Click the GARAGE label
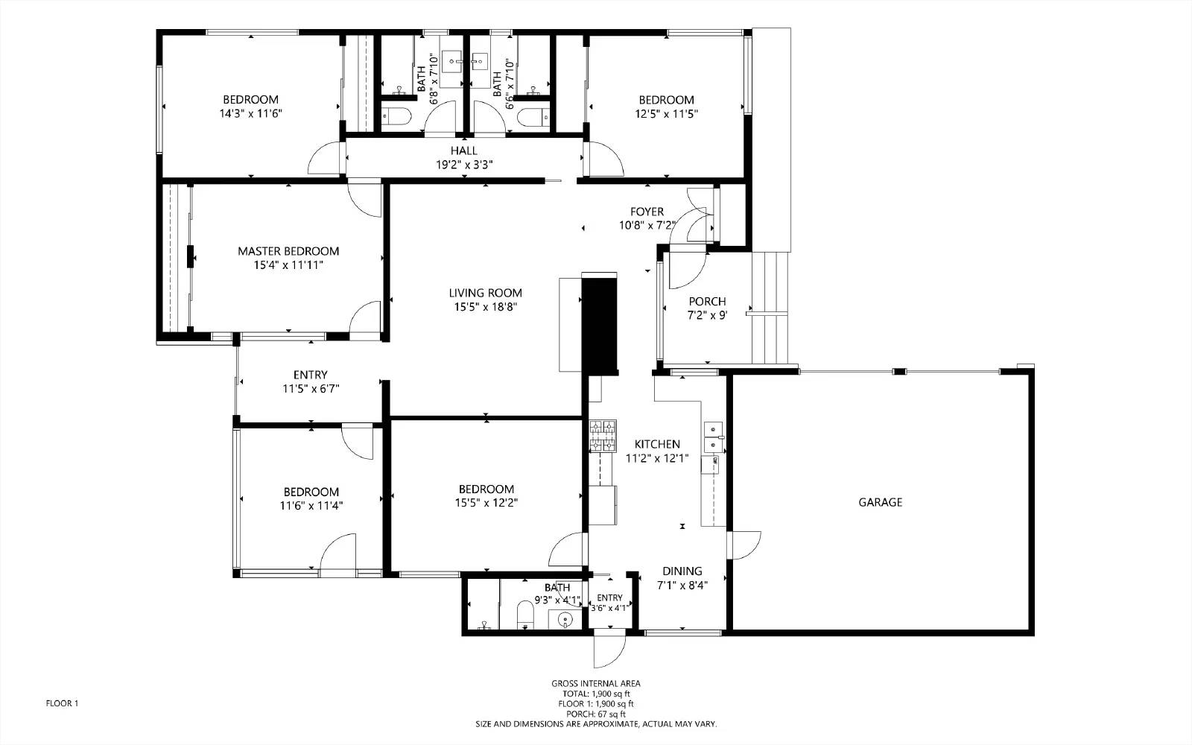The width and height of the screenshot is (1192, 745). [x=880, y=502]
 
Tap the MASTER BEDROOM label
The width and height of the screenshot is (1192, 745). [x=288, y=251]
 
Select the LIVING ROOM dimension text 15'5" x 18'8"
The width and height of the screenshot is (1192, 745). [x=485, y=306]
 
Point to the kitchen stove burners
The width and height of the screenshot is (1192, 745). [x=603, y=436]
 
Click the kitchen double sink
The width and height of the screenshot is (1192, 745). [x=713, y=437]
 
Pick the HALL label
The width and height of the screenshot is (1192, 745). [x=463, y=150]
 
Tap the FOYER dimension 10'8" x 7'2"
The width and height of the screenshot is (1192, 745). [x=647, y=225]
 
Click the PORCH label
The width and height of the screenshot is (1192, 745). [x=707, y=301]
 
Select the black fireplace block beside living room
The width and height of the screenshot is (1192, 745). [x=599, y=325]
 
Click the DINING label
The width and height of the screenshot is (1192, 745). [x=682, y=571]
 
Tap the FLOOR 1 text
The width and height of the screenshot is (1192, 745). [x=62, y=703]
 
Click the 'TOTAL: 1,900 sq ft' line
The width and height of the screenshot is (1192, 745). [x=596, y=694]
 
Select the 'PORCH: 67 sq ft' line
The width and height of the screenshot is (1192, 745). [x=596, y=714]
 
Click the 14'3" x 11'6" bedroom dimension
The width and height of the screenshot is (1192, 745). [x=250, y=113]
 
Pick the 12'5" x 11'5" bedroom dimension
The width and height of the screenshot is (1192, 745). [x=666, y=113]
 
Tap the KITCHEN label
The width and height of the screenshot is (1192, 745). [x=657, y=444]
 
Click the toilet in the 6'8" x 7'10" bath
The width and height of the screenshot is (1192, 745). [x=397, y=115]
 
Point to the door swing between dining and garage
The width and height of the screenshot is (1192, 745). [x=744, y=545]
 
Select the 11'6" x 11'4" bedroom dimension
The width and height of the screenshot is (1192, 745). [x=311, y=506]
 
